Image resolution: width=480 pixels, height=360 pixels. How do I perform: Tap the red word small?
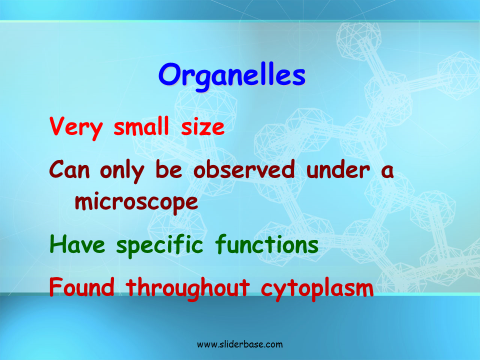(x=141, y=125)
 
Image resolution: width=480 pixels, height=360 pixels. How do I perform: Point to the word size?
(x=202, y=126)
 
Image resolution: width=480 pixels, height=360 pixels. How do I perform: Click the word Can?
(x=69, y=169)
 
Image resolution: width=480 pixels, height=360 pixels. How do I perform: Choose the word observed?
(x=244, y=169)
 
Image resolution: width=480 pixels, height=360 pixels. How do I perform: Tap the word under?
(x=338, y=169)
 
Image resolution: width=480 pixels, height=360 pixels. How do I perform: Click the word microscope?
(x=136, y=202)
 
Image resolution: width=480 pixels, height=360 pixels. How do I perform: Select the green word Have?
(x=77, y=244)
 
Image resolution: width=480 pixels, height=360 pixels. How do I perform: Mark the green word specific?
(x=159, y=245)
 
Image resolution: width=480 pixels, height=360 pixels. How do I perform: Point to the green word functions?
(x=266, y=244)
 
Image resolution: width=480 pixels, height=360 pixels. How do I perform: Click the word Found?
(x=81, y=287)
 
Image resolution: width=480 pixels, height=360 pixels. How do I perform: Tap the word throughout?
(x=187, y=289)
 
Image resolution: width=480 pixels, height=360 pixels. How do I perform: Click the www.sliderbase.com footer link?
(x=239, y=344)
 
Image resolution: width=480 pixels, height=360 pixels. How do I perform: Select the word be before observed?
(x=168, y=169)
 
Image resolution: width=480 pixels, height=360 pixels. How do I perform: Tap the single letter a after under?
(x=387, y=171)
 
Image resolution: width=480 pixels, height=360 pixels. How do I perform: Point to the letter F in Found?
(x=55, y=287)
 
